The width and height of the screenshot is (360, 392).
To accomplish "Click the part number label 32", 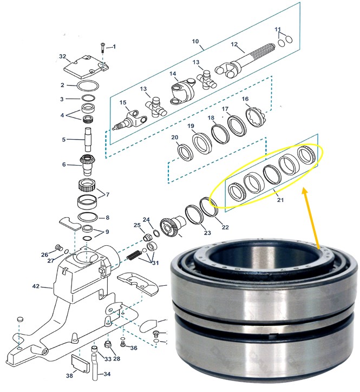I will (62, 56).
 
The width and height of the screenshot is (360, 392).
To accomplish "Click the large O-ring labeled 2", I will (88, 86).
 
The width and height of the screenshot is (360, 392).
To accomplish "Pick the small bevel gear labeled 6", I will (87, 163).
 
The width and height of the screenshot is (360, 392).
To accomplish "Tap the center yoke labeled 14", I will (181, 91).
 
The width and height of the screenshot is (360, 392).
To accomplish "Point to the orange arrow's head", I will (305, 190).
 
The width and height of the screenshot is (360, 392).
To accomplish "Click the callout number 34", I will (107, 374).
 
